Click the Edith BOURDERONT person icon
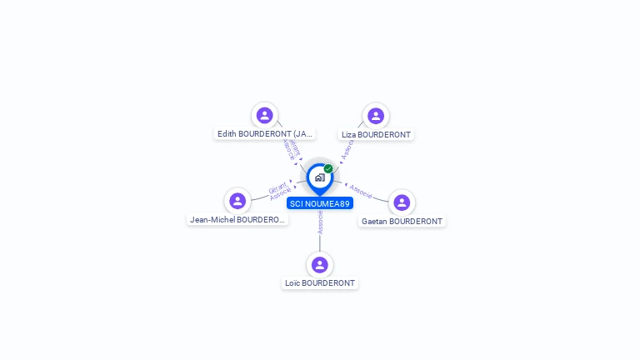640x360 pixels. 265,115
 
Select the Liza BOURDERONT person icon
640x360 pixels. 376,116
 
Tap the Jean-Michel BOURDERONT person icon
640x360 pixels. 237,201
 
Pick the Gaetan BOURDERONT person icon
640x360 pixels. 402,202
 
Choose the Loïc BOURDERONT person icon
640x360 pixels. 320,265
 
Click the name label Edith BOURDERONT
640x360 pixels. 265,133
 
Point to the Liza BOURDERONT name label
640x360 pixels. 376,134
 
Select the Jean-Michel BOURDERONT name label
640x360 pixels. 237,220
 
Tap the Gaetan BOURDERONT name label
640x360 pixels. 402,222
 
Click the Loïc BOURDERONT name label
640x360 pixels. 320,283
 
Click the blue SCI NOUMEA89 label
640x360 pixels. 320,203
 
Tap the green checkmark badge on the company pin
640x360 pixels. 328,169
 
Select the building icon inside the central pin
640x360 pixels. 319,177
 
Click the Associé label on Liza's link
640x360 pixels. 347,148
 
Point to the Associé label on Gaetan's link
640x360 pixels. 360,191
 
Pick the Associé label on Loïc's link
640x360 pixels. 320,222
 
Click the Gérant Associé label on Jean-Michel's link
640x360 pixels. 280,189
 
